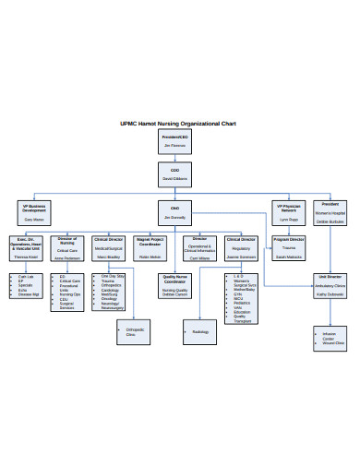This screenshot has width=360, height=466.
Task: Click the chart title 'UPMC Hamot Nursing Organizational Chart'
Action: (179, 124)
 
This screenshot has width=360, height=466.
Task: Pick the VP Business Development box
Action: (34, 213)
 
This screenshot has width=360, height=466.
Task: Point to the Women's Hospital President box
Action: (330, 212)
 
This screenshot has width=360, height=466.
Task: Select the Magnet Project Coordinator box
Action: (150, 246)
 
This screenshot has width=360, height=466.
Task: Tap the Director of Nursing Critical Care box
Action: (67, 246)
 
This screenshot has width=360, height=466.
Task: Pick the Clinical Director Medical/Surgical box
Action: (108, 246)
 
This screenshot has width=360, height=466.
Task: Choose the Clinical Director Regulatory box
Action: (241, 246)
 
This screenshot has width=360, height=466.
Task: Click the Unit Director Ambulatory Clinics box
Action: (330, 284)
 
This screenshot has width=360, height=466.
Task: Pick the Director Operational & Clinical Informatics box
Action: (200, 248)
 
